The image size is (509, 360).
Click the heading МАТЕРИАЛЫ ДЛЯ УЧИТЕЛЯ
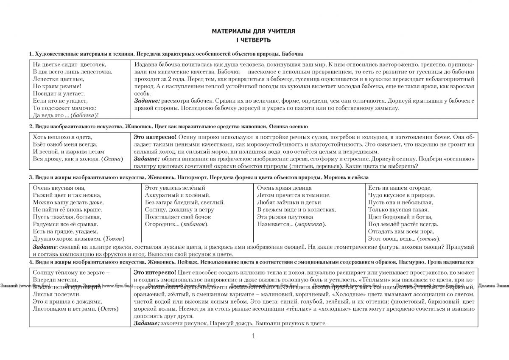(x=253, y=31)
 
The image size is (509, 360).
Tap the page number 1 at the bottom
(x=253, y=337)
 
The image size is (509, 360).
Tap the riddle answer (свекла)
(x=428, y=239)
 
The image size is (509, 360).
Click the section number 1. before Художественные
(x=31, y=54)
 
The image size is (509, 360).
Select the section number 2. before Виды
(x=31, y=127)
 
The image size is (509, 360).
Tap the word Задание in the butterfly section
(x=146, y=101)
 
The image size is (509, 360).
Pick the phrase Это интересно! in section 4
(x=154, y=271)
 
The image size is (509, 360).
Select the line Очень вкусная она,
(x=59, y=188)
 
